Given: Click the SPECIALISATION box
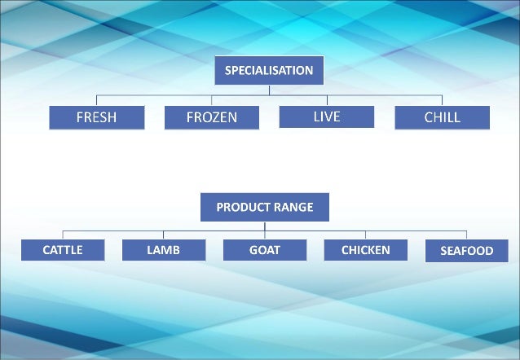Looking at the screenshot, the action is coord(269,70).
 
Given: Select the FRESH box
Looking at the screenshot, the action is coord(96,117).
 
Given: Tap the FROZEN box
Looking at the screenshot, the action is coord(212,117).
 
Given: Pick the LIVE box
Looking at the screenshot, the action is coord(327,116).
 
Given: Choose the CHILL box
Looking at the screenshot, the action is coord(443,117).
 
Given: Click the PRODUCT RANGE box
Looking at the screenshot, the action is coord(264,207).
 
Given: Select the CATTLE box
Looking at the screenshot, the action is coord(63,250).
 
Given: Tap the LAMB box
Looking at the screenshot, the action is coord(163,250).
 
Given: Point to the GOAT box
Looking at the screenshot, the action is coord(264,250).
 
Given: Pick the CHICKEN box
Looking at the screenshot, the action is coord(365,250).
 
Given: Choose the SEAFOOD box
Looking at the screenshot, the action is coord(467,251).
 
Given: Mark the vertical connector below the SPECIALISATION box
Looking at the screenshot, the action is coord(269,90).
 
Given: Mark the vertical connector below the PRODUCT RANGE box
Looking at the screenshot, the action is coord(264,226).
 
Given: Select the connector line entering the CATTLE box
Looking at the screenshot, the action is coord(63,235).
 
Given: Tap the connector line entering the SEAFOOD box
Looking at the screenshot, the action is coord(467,235).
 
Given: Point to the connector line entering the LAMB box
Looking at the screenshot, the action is coord(163,235).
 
